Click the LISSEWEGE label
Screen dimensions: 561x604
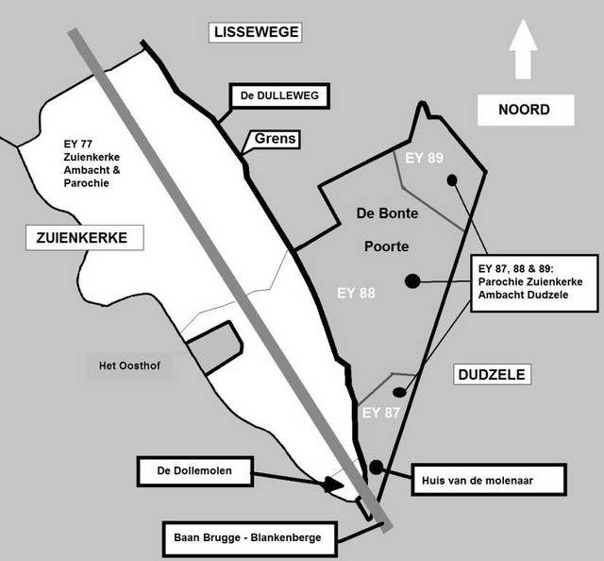click(x=257, y=32)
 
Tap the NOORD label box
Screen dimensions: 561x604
click(x=525, y=110)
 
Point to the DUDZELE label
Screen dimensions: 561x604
click(x=491, y=375)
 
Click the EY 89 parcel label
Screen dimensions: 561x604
click(x=424, y=158)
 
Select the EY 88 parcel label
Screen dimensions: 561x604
click(x=356, y=293)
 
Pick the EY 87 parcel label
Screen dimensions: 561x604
click(x=381, y=413)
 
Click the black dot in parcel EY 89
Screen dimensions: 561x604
click(x=452, y=178)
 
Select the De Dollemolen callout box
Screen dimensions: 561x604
click(x=196, y=468)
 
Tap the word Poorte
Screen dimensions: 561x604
click(x=386, y=246)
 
